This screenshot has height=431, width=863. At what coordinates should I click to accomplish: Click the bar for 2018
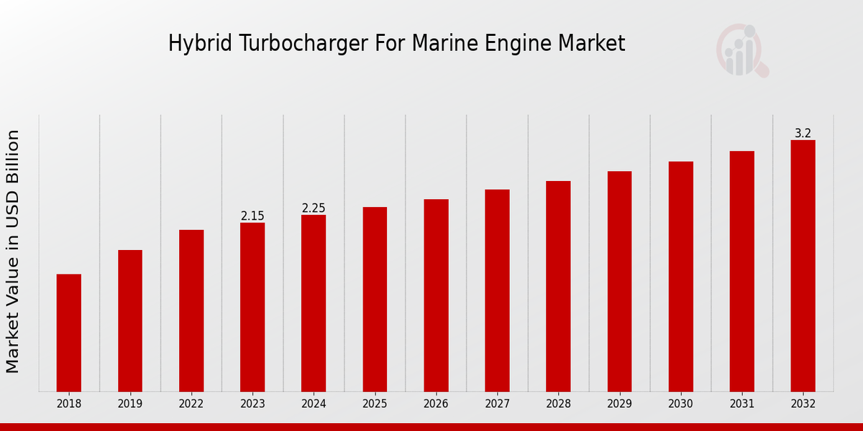coord(69,333)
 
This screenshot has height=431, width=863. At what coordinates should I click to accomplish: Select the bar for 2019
coord(130,320)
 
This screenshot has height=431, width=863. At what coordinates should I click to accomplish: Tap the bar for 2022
coord(191,310)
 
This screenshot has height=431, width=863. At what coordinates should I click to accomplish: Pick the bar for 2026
coord(436,295)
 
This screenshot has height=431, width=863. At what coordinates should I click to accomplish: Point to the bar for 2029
coord(619,281)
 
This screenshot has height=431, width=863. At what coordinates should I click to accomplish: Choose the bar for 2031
coord(741,271)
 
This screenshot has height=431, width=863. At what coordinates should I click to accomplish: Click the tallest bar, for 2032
coord(803,266)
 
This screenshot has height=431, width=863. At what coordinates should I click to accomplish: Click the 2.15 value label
coord(252,215)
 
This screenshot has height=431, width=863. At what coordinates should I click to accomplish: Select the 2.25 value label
coord(314,208)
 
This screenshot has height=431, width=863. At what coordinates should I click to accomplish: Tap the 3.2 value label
coord(803,133)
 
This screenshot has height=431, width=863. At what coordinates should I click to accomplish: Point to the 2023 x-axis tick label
coord(252,404)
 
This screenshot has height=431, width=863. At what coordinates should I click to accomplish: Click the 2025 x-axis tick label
coord(375,404)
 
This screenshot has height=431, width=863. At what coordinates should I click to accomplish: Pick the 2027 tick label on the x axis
coord(497,404)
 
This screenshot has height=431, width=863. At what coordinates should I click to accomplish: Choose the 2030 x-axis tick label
coord(680,404)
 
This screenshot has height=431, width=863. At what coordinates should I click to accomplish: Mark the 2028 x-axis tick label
coord(558,404)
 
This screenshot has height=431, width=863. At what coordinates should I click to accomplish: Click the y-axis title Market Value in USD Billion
coord(13,251)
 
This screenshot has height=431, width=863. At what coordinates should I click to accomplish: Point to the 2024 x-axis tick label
coord(314,404)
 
